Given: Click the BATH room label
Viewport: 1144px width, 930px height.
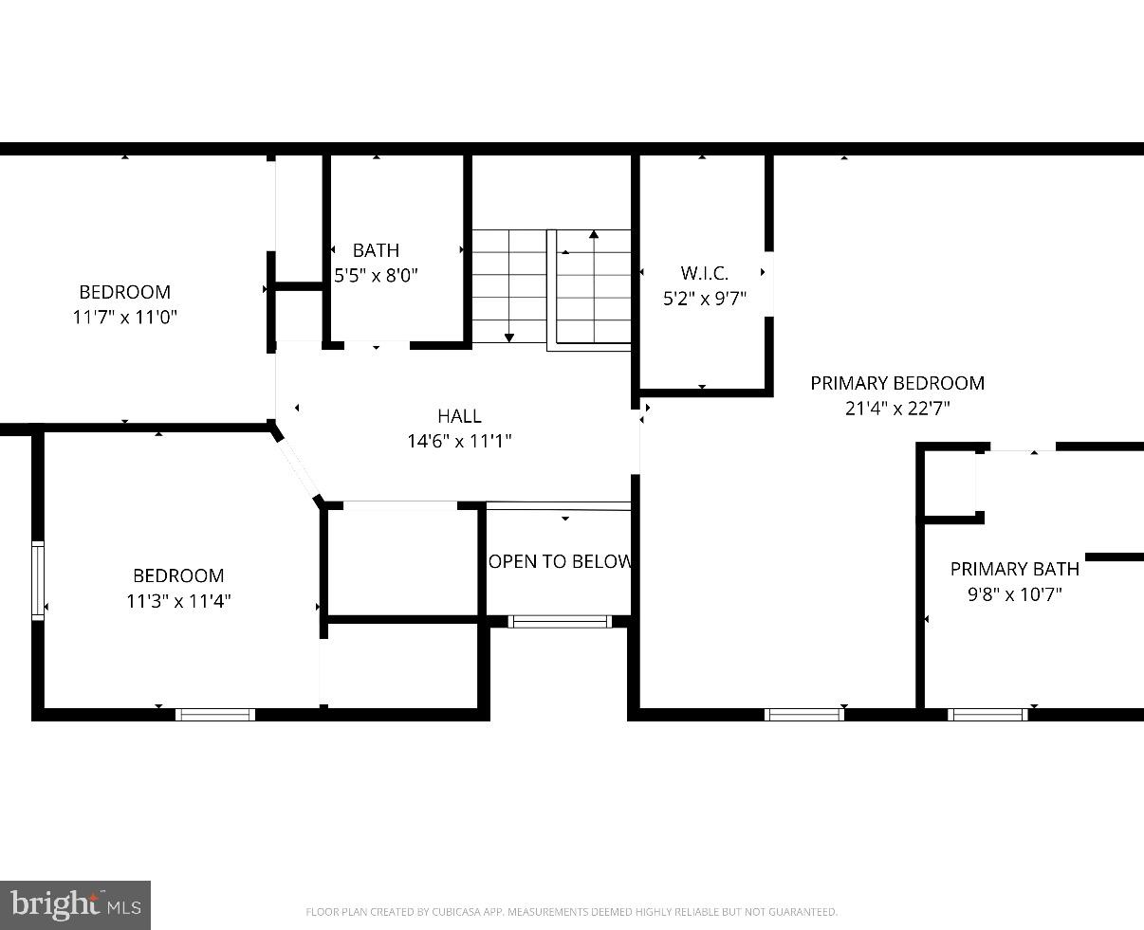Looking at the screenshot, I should click(376, 250).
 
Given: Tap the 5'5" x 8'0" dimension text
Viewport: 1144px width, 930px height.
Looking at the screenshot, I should click(376, 276).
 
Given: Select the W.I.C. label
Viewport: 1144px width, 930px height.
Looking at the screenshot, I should click(704, 273).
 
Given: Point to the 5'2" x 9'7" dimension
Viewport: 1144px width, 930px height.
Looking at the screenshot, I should click(704, 299).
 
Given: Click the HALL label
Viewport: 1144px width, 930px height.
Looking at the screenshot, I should click(459, 415).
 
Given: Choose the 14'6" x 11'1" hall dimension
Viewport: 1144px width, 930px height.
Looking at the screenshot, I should click(459, 441).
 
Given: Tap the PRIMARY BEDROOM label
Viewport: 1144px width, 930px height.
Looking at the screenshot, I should click(896, 383).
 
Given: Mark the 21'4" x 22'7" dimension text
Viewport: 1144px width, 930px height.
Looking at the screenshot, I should click(896, 409).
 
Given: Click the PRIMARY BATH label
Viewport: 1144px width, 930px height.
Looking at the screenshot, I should click(1014, 569).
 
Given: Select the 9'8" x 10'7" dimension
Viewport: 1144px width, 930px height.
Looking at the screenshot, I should click(1014, 594).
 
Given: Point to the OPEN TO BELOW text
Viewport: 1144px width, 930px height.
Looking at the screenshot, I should click(560, 561).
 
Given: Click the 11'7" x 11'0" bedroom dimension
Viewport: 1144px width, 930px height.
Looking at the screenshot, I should click(124, 318).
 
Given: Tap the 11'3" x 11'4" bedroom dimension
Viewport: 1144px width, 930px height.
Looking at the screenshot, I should click(178, 601).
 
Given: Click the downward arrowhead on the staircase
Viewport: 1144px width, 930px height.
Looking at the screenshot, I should click(509, 337).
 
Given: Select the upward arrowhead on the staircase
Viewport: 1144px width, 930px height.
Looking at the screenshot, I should click(594, 234).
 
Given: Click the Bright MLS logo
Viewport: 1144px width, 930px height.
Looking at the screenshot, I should click(75, 904).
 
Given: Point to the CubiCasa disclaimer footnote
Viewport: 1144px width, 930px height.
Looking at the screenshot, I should click(571, 912).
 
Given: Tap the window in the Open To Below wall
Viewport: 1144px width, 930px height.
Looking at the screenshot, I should click(560, 622).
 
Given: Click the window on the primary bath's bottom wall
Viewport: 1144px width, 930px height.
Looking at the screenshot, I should click(987, 714).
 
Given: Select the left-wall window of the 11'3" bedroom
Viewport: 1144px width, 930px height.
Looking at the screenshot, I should click(38, 580).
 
